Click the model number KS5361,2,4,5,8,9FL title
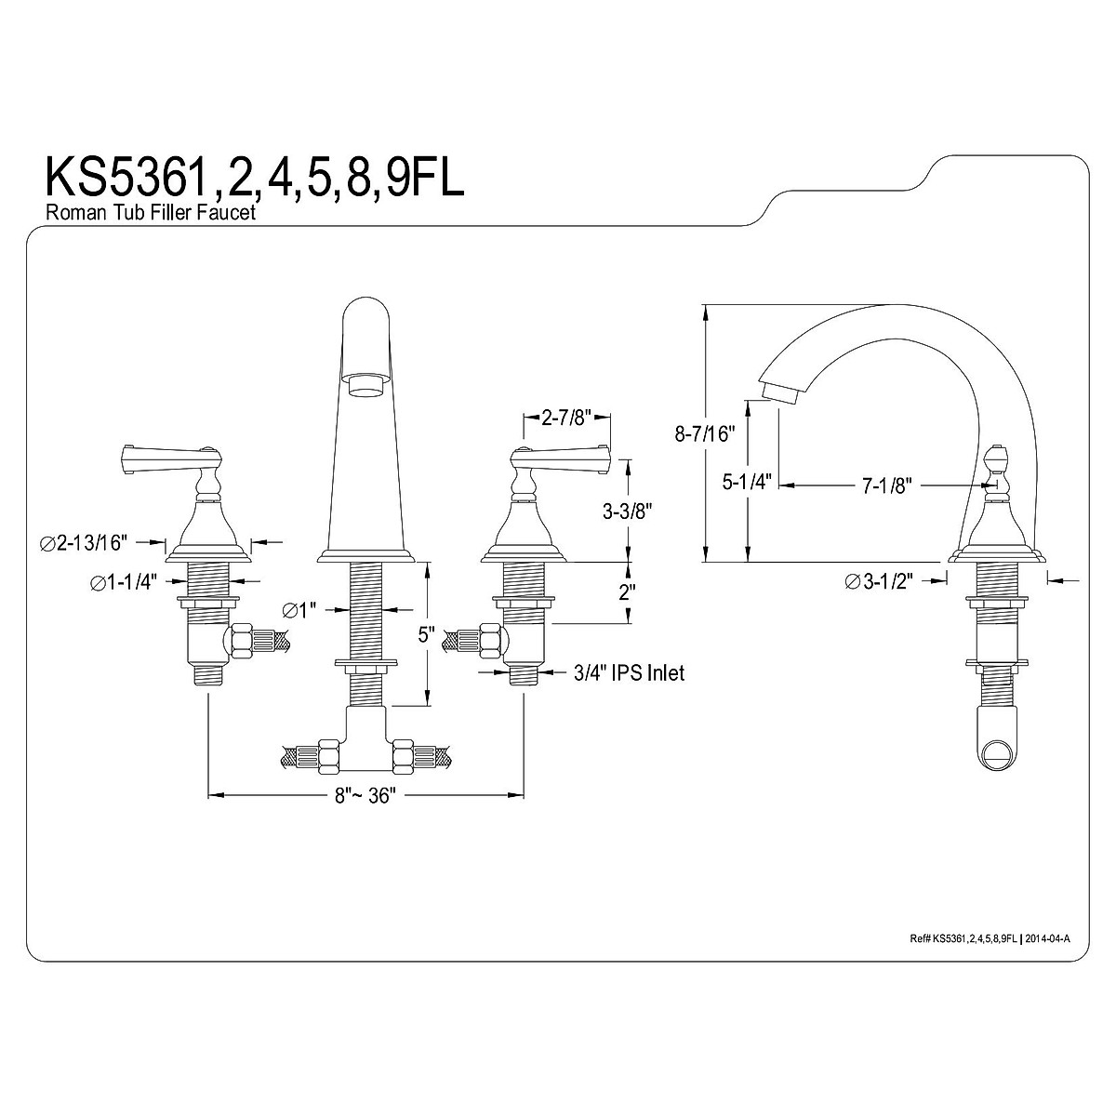pyautogui.click(x=255, y=178)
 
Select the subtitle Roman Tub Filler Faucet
pyautogui.click(x=151, y=213)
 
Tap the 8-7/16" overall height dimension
pyautogui.click(x=705, y=433)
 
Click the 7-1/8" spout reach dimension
pyautogui.click(x=886, y=485)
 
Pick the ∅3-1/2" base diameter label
pyautogui.click(x=879, y=581)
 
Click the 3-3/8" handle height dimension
pyautogui.click(x=628, y=511)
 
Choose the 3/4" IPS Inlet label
pyautogui.click(x=629, y=672)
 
